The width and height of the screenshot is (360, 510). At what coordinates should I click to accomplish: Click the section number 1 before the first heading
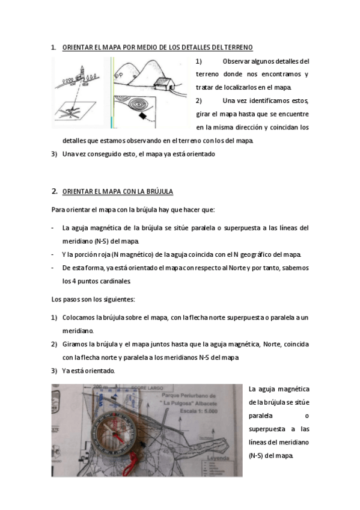(x=53, y=47)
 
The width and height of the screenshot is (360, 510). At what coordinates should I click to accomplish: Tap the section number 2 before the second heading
(x=53, y=191)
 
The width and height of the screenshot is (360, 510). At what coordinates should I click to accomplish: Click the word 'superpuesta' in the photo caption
(x=266, y=429)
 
